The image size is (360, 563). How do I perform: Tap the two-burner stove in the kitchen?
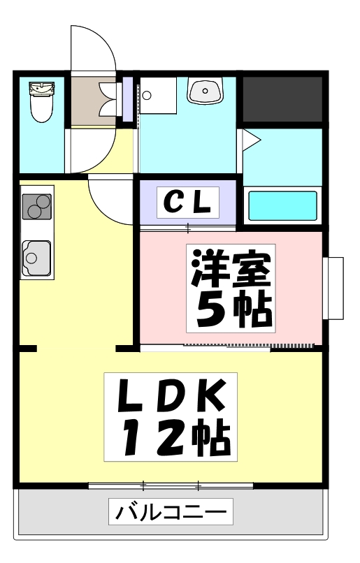pyautogui.click(x=36, y=207)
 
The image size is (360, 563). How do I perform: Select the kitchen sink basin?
pyautogui.click(x=36, y=258)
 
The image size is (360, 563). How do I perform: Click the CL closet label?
pyautogui.click(x=187, y=203)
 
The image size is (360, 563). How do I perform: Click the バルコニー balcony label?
pyautogui.click(x=171, y=511)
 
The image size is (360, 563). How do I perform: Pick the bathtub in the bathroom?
pyautogui.click(x=282, y=206)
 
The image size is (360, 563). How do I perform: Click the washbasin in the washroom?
pyautogui.click(x=205, y=91)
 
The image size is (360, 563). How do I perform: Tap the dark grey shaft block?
pyautogui.click(x=282, y=99)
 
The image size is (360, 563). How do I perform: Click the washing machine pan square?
pyautogui.click(x=158, y=96)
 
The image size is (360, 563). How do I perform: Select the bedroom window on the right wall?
pyautogui.click(x=333, y=288)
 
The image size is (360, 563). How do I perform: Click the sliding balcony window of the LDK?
pyautogui.click(x=171, y=486)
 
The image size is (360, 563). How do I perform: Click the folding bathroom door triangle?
pyautogui.click(x=250, y=140)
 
